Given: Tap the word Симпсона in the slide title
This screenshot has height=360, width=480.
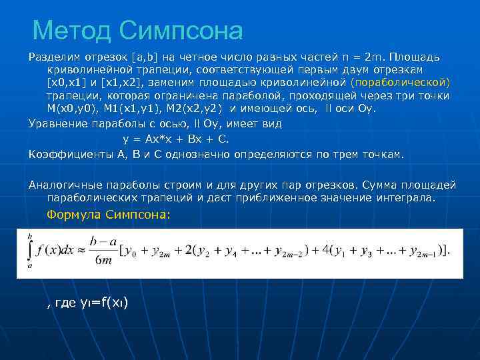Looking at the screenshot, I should pos(181,29).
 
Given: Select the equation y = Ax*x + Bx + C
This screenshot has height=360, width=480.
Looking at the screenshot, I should pos(176,139).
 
